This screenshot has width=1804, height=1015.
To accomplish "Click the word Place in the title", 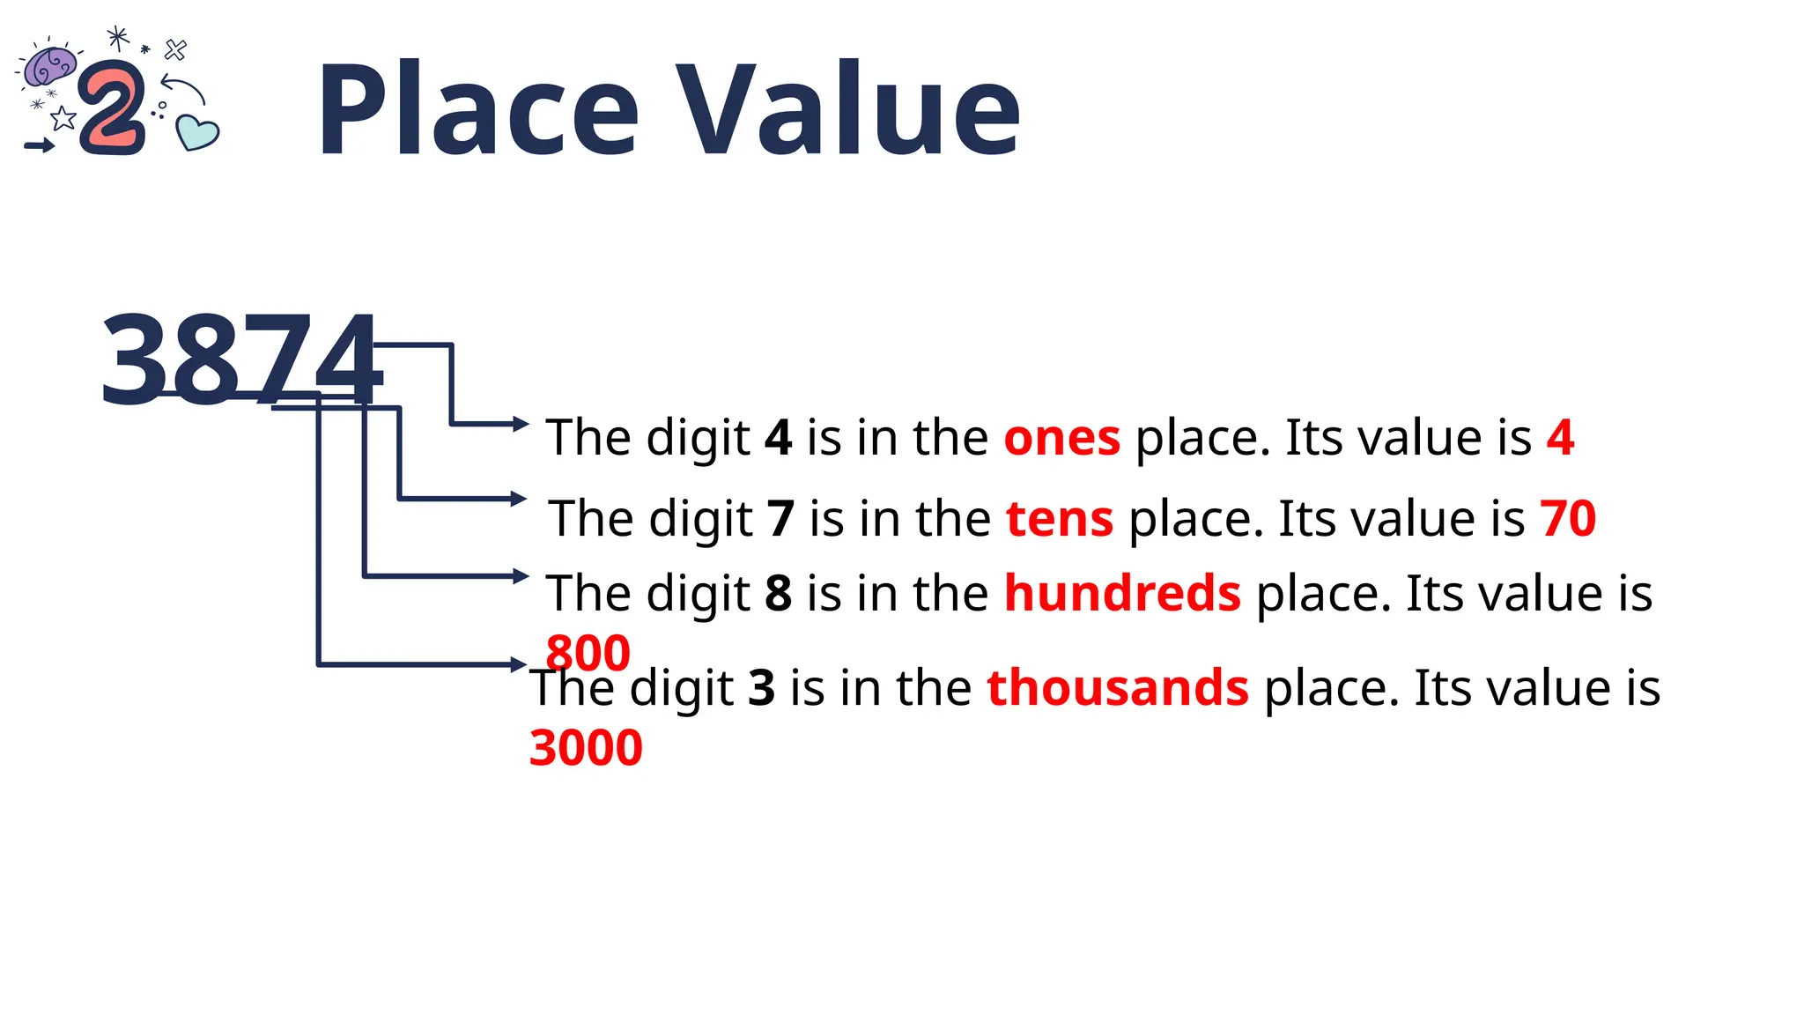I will (477, 111).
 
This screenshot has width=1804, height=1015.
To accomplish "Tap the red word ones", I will (1061, 438).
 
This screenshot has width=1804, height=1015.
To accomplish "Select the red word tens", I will (1060, 518).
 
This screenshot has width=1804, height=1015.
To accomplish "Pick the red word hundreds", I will (1122, 593).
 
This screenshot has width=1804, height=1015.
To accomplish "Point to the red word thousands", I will (1117, 687).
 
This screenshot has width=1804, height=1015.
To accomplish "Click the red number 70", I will (1568, 518).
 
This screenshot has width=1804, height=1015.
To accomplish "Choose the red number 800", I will (588, 653).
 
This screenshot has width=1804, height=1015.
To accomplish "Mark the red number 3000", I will (586, 748).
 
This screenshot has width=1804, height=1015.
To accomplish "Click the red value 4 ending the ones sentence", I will (1560, 438).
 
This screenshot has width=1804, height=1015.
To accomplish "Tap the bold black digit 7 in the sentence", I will (780, 518).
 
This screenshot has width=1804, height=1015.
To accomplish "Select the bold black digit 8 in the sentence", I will (778, 593).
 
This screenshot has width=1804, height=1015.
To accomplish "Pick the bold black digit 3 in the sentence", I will (761, 687).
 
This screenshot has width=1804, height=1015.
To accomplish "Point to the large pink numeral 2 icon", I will (113, 109).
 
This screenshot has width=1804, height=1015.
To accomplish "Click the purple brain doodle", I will (49, 66).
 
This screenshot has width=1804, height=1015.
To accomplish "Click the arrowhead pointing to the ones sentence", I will (521, 424).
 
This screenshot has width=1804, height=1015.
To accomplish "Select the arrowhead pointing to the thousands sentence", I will (520, 664).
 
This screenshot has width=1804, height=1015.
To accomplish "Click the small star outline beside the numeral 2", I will (63, 118).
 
